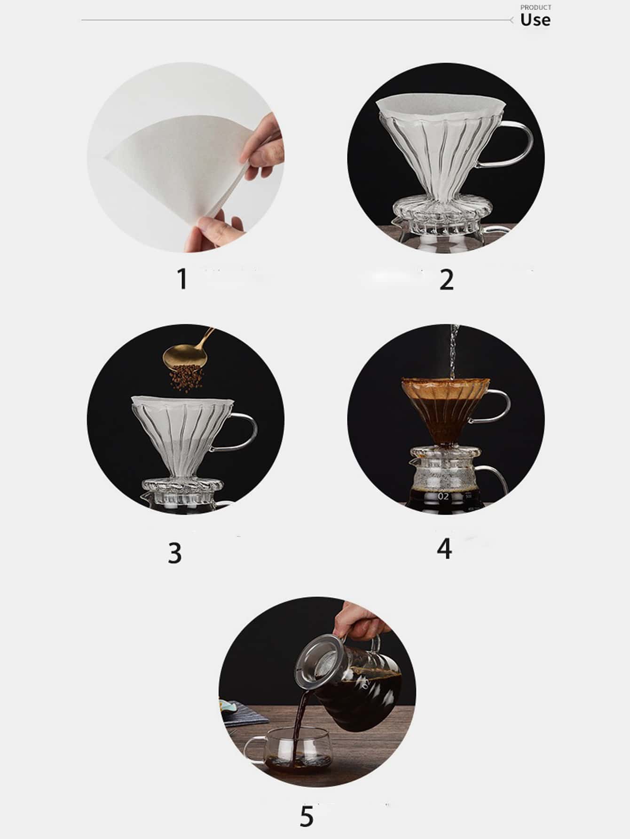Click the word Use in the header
535,20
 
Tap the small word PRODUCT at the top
536,8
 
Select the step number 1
182,279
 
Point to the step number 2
447,280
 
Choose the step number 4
445,548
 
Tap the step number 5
306,816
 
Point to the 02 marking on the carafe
443,496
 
